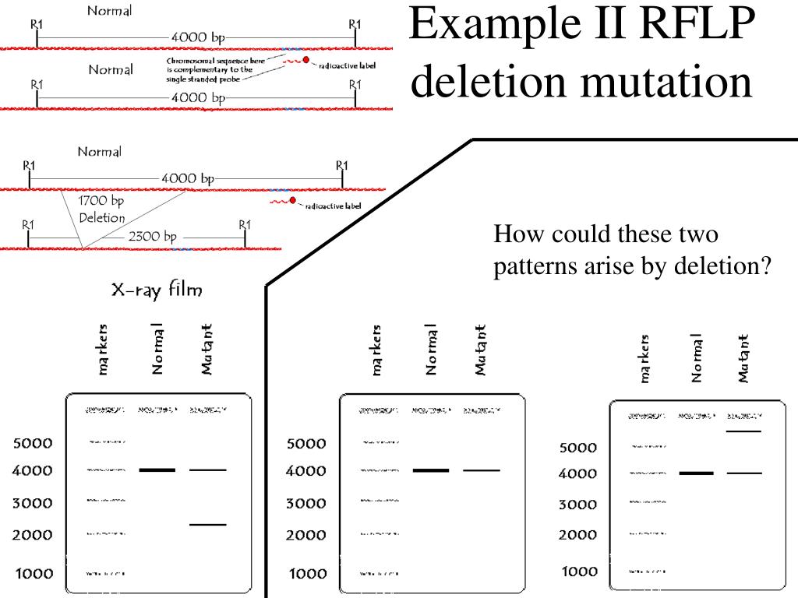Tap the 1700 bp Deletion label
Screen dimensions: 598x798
102,209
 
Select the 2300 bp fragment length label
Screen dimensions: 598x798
153,237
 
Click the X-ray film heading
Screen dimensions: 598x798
157,290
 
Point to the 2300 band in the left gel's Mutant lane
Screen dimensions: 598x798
208,524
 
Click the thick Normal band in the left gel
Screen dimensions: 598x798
157,470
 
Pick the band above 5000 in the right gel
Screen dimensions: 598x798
744,431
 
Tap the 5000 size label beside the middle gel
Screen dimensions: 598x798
306,444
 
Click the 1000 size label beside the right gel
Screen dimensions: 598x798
579,572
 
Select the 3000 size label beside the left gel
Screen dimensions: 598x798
33,503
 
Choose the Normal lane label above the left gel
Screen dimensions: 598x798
157,348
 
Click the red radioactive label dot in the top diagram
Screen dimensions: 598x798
306,60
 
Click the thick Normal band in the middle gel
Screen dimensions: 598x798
431,470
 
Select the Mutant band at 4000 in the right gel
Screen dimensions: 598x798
744,473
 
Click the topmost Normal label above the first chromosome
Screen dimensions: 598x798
109,11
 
